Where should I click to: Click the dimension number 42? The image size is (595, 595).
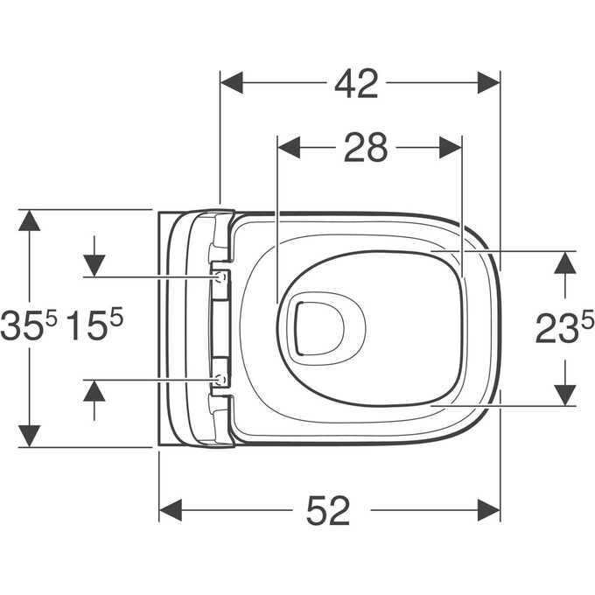pos(356,84)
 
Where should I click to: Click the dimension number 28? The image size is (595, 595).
pos(365,149)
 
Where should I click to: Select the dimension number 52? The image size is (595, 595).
pos(328,510)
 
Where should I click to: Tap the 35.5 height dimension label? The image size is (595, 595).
pos(29,327)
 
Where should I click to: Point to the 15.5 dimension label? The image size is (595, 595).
pos(95,327)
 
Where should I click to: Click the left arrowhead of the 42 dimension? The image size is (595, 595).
pos(231,84)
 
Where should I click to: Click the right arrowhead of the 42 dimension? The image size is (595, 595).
pos(488,84)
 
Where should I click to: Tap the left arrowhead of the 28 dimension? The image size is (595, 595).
pos(288,148)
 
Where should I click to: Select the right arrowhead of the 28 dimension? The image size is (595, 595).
pos(450,148)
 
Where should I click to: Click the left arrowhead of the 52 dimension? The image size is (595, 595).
pos(171,510)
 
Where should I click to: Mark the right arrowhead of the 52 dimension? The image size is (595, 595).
pos(488,510)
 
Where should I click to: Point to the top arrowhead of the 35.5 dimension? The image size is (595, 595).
pos(30,220)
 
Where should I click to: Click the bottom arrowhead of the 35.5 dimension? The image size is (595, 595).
pos(30,435)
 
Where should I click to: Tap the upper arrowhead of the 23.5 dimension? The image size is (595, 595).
pos(566,262)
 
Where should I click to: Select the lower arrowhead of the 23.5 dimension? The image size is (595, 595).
pos(566,395)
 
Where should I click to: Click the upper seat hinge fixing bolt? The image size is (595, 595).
pos(220,277)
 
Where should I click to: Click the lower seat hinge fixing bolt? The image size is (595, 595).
pos(220,380)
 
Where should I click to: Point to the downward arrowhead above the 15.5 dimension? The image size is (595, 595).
pos(94,265)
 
